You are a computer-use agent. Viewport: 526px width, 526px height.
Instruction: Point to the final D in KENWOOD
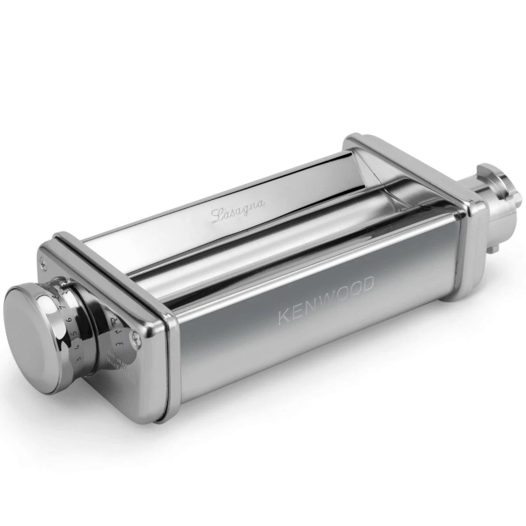coord(369,284)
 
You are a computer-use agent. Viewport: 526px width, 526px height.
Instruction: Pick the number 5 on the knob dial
coord(75,332)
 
